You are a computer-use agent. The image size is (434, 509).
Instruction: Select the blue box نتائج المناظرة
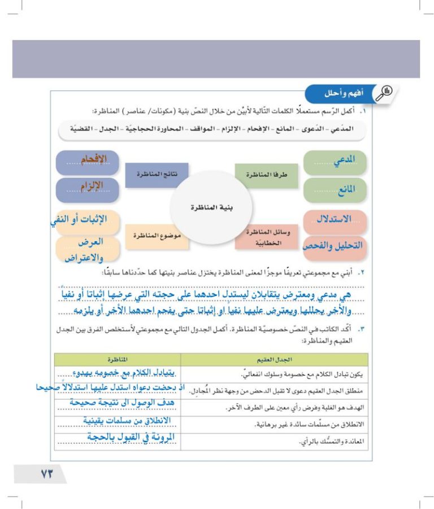tap(157, 175)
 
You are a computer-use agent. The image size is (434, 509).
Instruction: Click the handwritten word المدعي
tap(343, 160)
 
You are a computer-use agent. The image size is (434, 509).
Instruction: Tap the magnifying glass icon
tap(386, 92)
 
